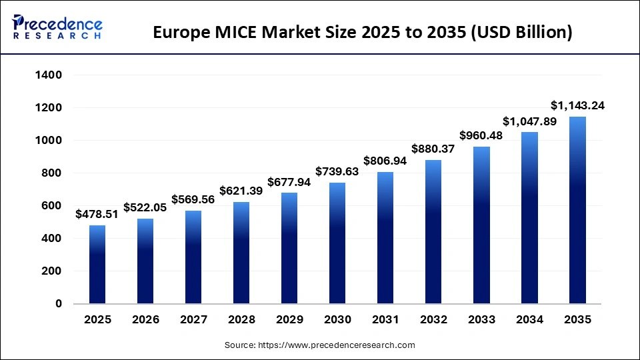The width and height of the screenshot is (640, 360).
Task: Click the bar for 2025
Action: (97, 265)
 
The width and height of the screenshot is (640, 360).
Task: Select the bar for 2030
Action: (337, 243)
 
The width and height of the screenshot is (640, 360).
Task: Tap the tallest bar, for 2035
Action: (577, 211)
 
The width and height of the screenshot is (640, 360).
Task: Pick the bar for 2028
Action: (241, 253)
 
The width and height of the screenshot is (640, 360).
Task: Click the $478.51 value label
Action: (97, 215)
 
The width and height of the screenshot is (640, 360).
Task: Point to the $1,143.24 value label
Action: (577, 105)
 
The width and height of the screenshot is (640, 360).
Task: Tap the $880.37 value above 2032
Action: (433, 149)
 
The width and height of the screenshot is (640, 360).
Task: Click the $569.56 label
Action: (193, 199)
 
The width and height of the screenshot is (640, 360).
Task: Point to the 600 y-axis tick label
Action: (53, 206)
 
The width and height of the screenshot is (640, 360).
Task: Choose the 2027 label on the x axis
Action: (193, 320)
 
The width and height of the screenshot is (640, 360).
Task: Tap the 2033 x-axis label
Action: (481, 320)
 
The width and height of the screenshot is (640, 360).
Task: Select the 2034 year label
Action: (529, 320)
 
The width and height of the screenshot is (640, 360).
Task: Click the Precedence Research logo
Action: (57, 27)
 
